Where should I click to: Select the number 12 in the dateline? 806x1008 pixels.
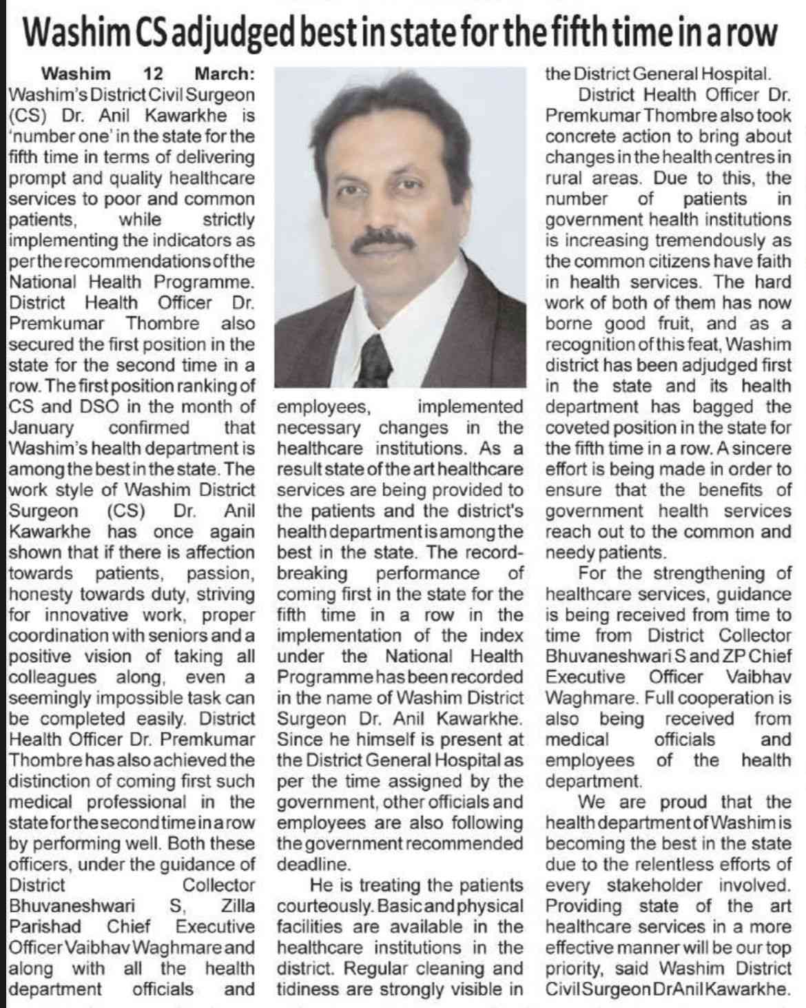coord(153,73)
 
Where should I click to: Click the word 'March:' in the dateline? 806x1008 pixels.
coord(225,73)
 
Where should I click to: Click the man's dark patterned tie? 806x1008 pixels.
coord(376,358)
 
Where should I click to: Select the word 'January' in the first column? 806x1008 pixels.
coord(41,428)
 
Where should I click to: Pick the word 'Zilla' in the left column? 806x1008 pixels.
coord(238,905)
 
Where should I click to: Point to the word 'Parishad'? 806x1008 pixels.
coord(45,927)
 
